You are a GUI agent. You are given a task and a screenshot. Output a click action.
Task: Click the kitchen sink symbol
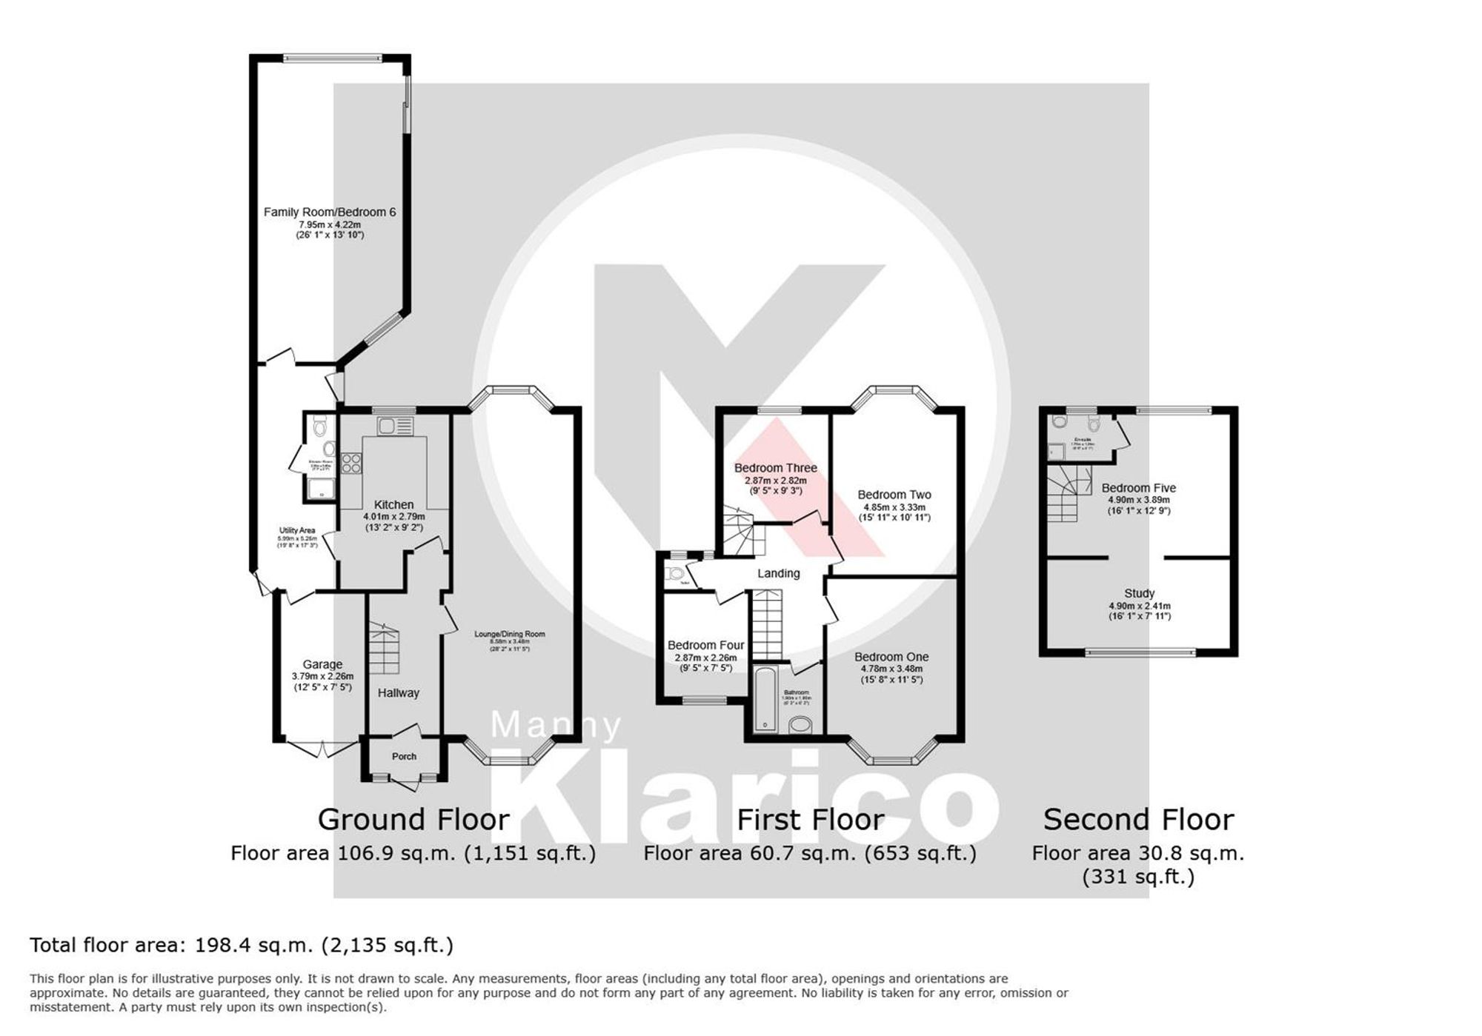395,426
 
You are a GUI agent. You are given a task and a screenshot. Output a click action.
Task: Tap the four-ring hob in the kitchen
351,464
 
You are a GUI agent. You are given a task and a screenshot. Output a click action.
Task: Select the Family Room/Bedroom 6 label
330,213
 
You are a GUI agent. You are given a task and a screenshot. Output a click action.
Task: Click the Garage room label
322,664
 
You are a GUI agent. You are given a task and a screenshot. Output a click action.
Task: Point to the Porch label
404,756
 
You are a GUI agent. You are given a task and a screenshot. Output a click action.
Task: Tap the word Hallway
399,693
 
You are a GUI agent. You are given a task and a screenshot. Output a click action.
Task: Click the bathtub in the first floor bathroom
764,698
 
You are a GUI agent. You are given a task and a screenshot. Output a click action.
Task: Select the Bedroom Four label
705,645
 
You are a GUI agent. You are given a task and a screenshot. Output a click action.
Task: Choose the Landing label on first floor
778,573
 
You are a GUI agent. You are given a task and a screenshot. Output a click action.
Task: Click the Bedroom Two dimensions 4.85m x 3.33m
894,508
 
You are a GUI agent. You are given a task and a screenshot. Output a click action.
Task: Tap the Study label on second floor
1139,593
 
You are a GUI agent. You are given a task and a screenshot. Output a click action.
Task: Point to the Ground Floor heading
413,820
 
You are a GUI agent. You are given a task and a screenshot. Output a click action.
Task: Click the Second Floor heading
1138,820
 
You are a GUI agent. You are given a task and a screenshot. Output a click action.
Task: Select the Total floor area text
242,946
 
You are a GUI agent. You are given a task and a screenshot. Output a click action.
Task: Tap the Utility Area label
297,530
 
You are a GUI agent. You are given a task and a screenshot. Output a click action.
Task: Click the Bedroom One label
891,657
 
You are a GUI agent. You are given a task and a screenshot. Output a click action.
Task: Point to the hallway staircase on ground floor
385,649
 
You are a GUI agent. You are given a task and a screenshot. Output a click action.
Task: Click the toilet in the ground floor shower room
320,426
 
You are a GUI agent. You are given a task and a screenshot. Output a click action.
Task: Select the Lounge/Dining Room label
510,634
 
